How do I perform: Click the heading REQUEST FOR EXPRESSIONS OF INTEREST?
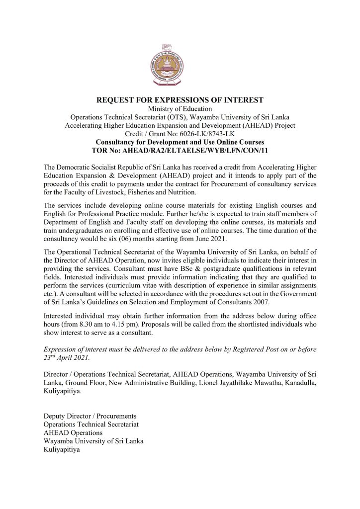click(x=180, y=100)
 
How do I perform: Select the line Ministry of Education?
click(x=180, y=109)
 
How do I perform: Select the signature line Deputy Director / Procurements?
click(x=90, y=416)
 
